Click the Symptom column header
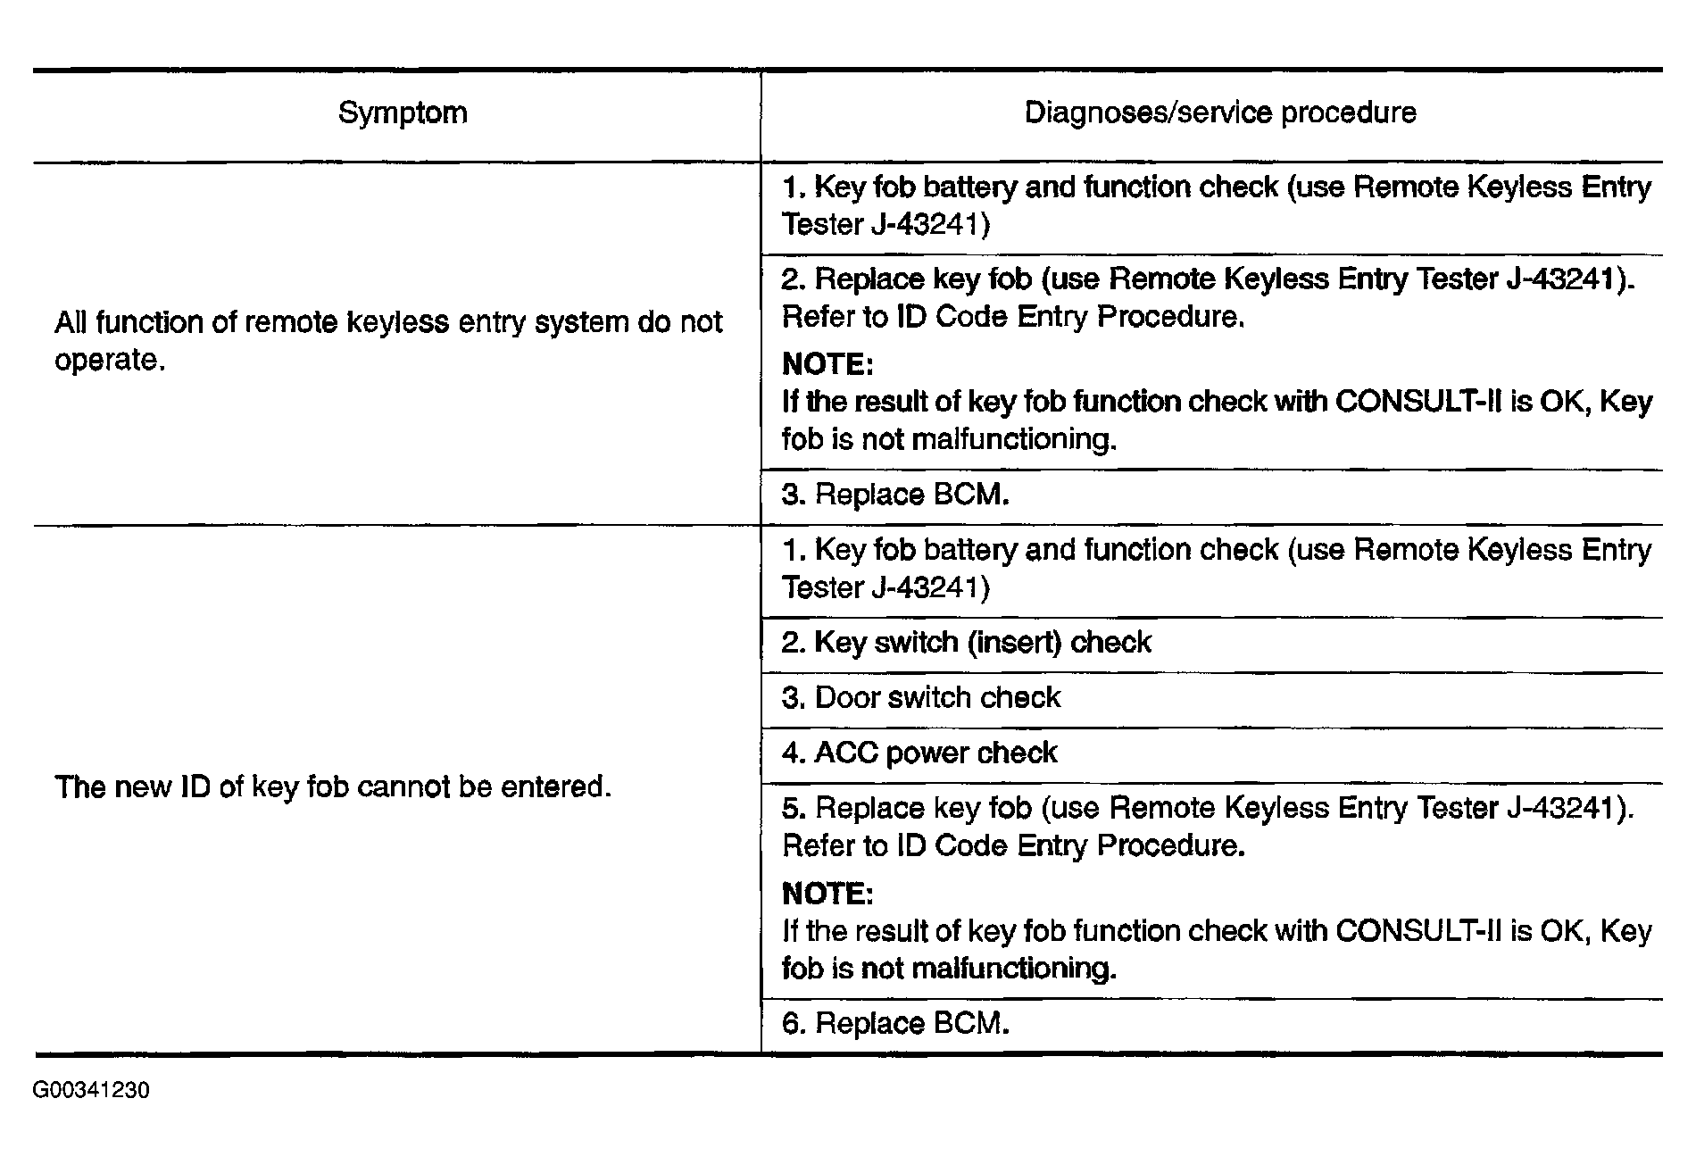[403, 113]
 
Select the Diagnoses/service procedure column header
[1219, 113]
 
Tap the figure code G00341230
[91, 1090]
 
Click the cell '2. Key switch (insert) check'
[966, 643]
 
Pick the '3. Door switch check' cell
[921, 698]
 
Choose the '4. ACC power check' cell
[919, 753]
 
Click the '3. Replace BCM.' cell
[895, 495]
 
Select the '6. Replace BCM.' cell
[895, 1024]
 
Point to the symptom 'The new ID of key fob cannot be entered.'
[333, 787]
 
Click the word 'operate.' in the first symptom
[110, 361]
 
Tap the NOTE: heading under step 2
[827, 365]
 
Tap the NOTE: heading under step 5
[827, 894]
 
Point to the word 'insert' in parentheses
[1017, 643]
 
